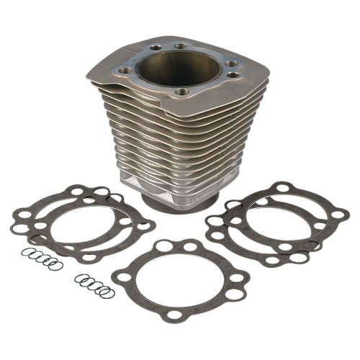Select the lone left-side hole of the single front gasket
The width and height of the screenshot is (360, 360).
[126, 277]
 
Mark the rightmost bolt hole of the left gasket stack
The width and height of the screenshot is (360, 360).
[145, 225]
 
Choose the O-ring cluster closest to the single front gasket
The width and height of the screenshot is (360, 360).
[94, 284]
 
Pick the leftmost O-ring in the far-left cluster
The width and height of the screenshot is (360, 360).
[25, 253]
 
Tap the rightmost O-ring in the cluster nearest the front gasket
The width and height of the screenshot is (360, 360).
[107, 292]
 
